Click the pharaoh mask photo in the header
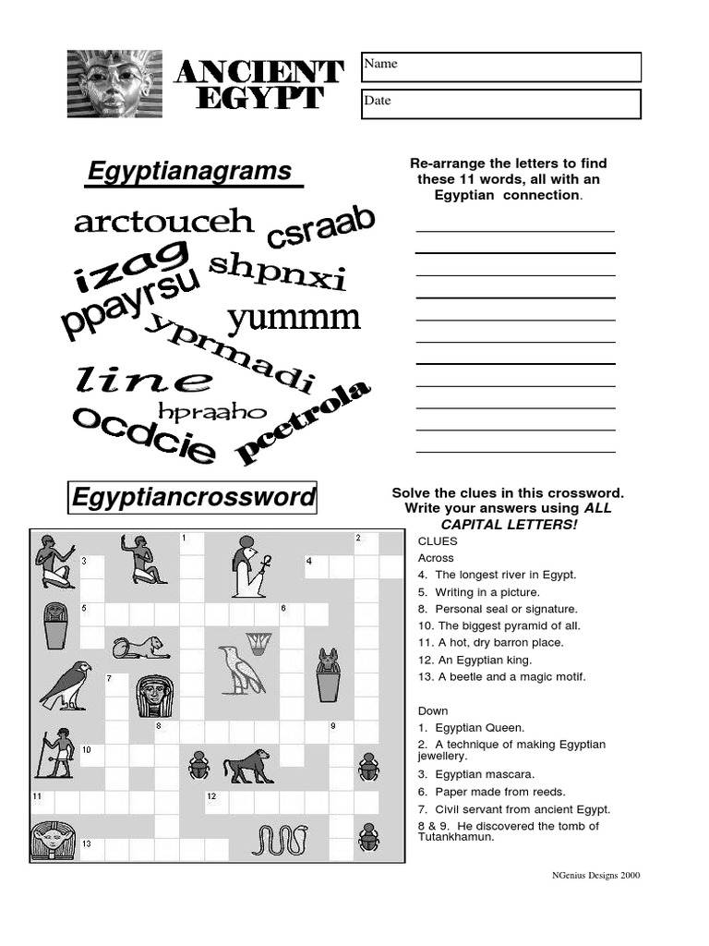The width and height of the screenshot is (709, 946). pos(114,84)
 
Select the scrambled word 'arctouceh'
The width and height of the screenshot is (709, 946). pos(163,222)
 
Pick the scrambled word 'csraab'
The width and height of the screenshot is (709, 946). pos(321,227)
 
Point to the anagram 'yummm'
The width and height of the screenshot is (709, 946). pos(294,319)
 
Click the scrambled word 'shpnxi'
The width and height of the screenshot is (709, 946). pos(277,271)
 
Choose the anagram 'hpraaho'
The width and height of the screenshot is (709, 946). pos(211,411)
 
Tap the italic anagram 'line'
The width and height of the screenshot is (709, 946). pos(144,379)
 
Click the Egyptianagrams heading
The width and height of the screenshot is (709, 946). pos(189,172)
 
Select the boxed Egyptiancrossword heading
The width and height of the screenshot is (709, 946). pos(193,498)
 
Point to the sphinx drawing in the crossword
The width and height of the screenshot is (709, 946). pos(140,647)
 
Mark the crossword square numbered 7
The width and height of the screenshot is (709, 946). pos(116,685)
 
